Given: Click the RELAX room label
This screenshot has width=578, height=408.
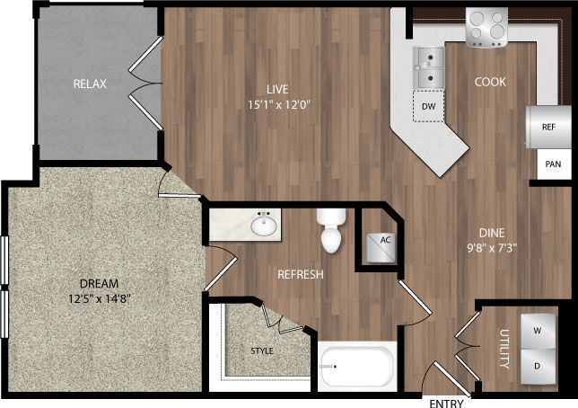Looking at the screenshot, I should click(x=90, y=84).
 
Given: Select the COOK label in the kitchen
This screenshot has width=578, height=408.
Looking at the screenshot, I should click(x=490, y=82).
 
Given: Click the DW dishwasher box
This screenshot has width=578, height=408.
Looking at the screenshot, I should click(x=429, y=106).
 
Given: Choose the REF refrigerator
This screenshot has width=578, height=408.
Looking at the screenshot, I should click(x=548, y=128).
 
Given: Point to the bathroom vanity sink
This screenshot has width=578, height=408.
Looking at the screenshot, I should click(x=264, y=225).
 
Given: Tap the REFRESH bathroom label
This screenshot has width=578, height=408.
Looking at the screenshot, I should click(x=299, y=274).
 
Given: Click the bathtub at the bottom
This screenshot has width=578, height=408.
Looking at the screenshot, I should click(x=357, y=366).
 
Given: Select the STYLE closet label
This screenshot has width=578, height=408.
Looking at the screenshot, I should click(x=261, y=350).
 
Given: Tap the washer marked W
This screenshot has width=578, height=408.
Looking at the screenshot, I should click(x=537, y=329).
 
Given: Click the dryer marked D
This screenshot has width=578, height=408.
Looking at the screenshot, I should click(x=537, y=367).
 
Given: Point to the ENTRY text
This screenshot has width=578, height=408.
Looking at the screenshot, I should click(x=445, y=401).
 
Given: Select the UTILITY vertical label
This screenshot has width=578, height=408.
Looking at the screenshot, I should click(x=503, y=350).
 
